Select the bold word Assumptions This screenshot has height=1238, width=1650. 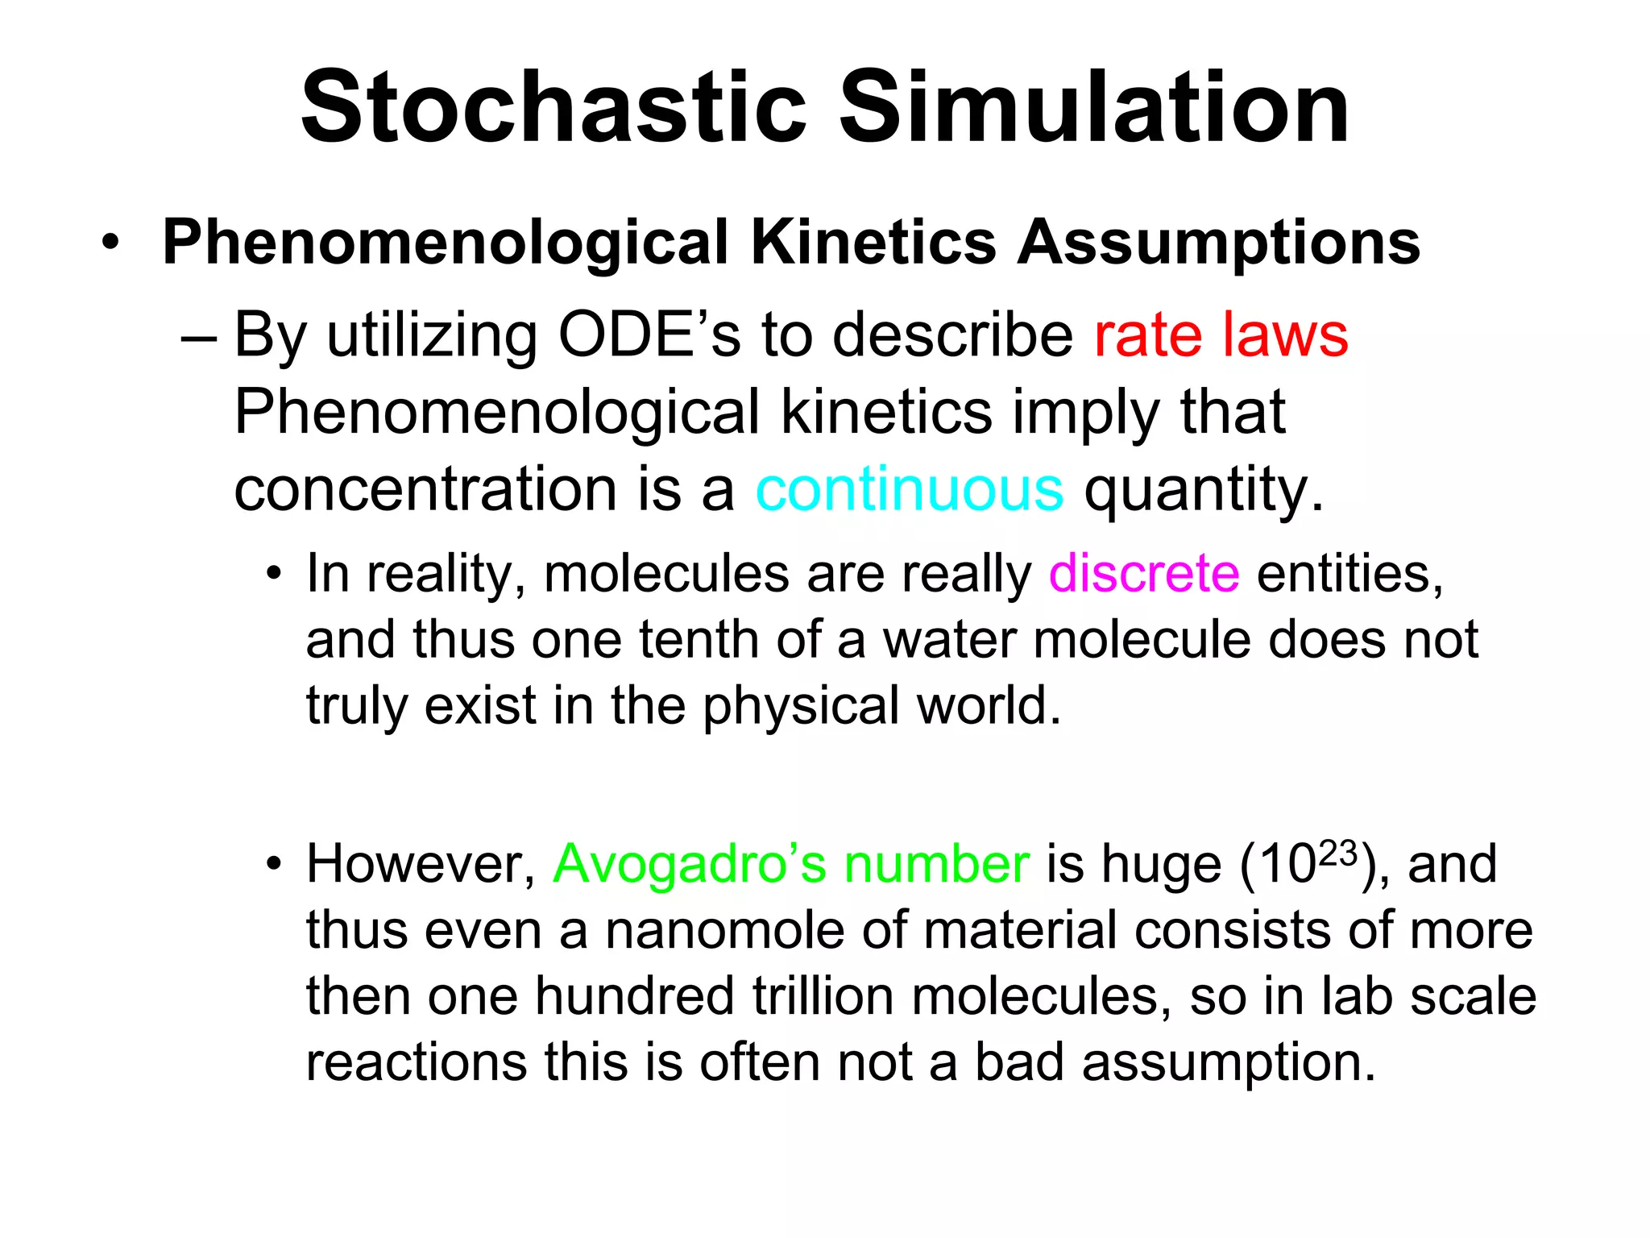pyautogui.click(x=1218, y=242)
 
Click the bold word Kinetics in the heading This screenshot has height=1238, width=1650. pyautogui.click(x=873, y=242)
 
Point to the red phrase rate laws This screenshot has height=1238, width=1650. pyautogui.click(x=1221, y=334)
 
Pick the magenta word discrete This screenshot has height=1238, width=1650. pyautogui.click(x=1144, y=574)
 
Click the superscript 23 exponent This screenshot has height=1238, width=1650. pyautogui.click(x=1337, y=853)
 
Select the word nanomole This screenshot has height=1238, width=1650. pyautogui.click(x=724, y=930)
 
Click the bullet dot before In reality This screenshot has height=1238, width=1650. pyautogui.click(x=275, y=575)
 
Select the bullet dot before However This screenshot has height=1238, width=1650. pyautogui.click(x=275, y=865)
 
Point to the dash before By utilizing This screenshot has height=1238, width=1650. pyautogui.click(x=199, y=336)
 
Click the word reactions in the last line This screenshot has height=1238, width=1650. pyautogui.click(x=417, y=1062)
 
